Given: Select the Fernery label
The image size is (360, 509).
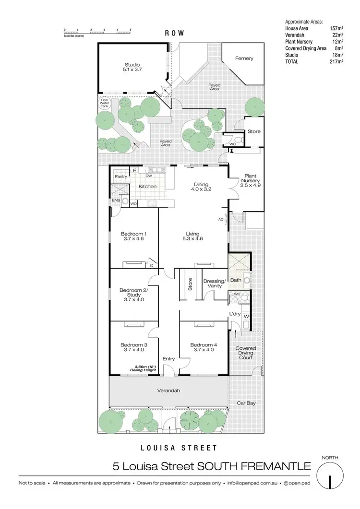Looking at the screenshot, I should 244,59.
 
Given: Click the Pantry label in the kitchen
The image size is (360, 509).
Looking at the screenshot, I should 120,177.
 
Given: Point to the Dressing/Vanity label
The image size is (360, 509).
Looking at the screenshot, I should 214,283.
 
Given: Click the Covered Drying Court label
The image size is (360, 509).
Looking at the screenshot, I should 246,353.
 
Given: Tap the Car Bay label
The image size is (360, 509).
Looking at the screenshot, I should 246,403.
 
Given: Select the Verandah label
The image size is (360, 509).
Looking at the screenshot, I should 168,391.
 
